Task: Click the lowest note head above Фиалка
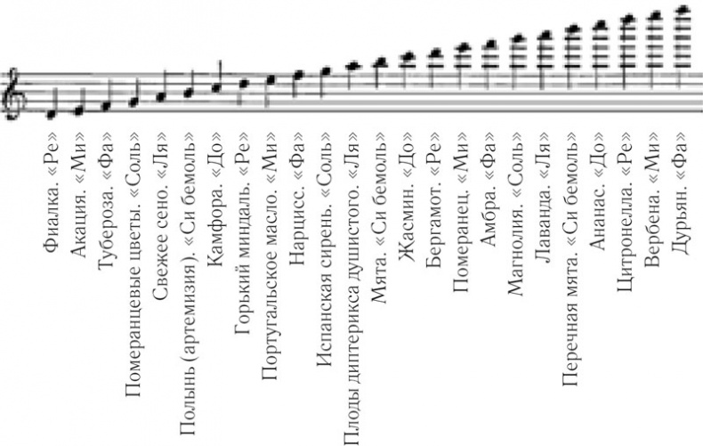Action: [x=52, y=114]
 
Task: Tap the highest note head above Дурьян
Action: [x=683, y=10]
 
